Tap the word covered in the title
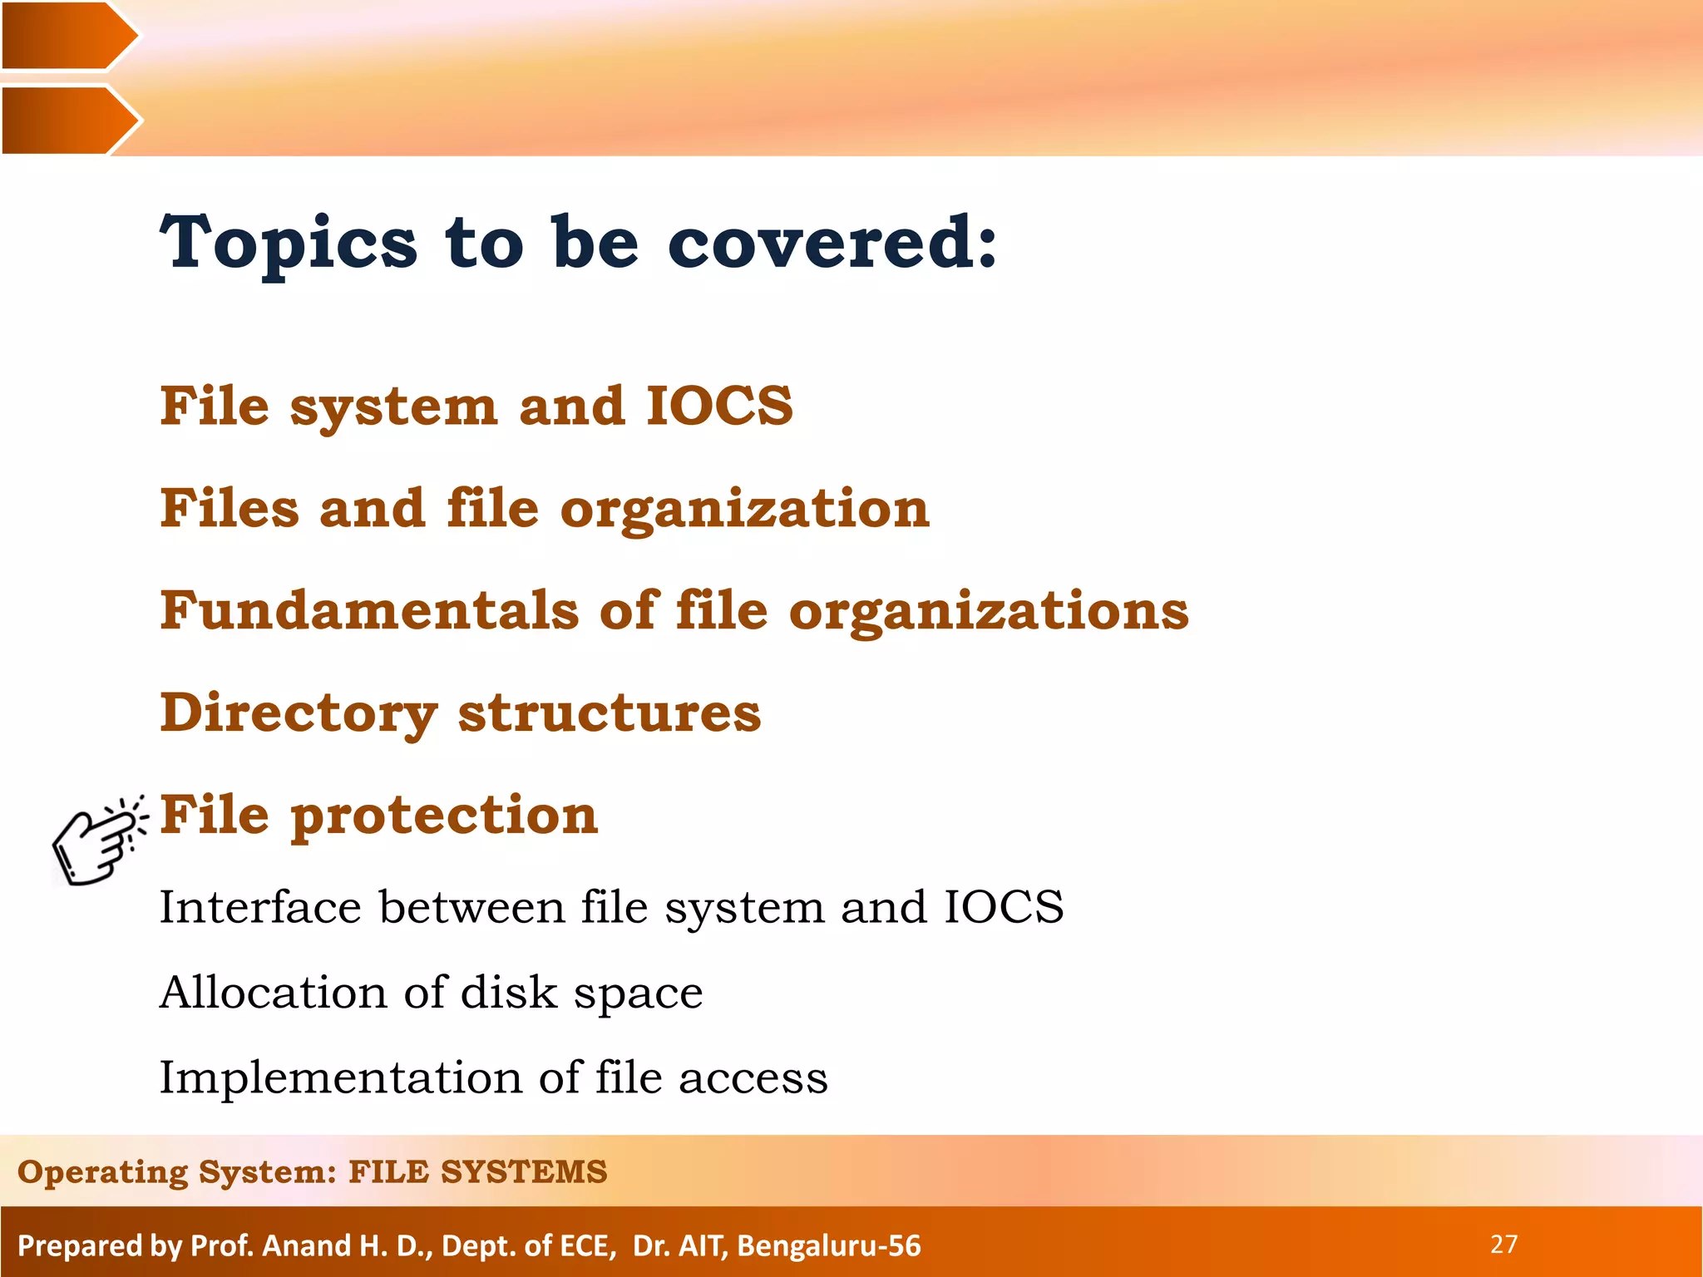point(832,243)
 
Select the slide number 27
point(1503,1244)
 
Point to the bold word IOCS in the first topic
point(719,407)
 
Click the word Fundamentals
point(369,610)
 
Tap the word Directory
point(299,713)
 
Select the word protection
point(444,816)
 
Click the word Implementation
point(339,1077)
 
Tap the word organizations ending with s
point(989,612)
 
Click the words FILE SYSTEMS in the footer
point(477,1171)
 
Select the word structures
point(609,713)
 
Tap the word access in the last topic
point(753,1077)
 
